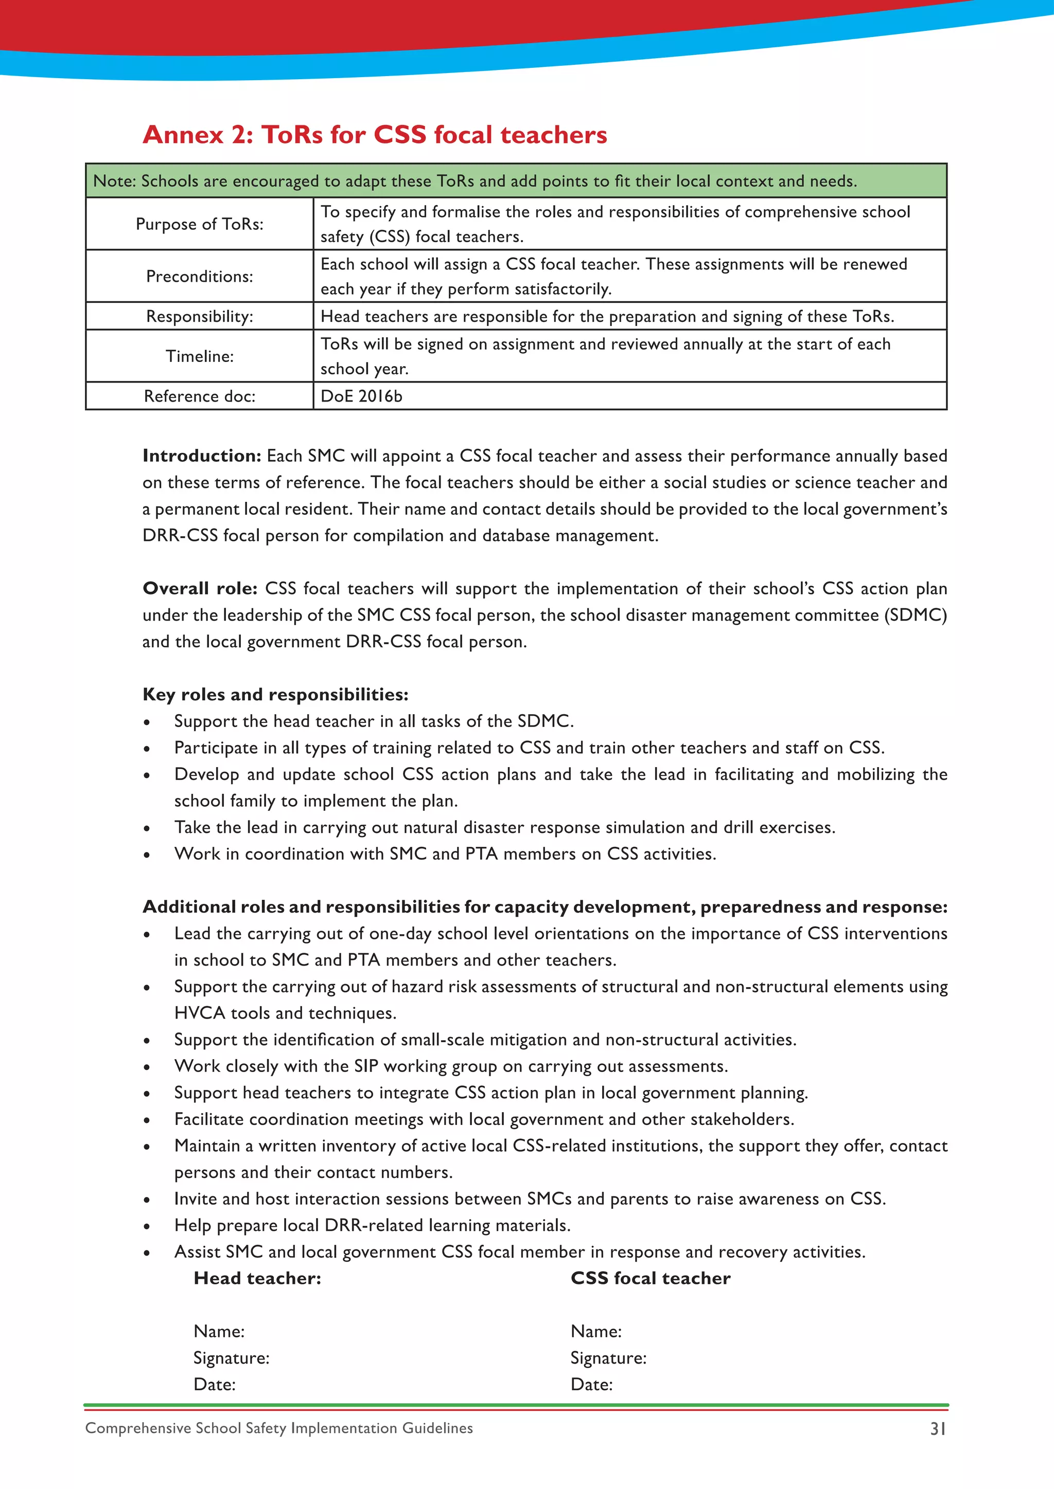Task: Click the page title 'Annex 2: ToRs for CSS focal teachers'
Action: point(375,135)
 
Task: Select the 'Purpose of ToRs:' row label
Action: point(199,224)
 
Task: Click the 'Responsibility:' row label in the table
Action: point(199,317)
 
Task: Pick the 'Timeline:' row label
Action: point(199,356)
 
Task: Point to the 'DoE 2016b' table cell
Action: point(361,396)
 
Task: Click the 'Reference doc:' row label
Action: point(199,396)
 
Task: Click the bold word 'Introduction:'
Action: point(201,456)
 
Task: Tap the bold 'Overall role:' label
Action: point(200,588)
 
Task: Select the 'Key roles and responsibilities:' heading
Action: point(275,695)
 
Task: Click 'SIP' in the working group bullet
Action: point(366,1066)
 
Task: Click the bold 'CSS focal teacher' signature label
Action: point(651,1278)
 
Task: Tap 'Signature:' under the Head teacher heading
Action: point(231,1358)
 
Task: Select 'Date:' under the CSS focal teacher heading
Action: point(591,1385)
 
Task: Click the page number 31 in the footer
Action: point(938,1429)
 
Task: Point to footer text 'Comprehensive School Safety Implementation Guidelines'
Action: point(279,1428)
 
